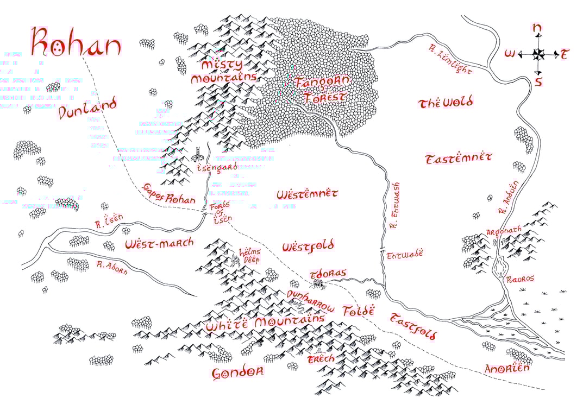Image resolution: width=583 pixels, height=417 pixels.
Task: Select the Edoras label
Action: click(327, 273)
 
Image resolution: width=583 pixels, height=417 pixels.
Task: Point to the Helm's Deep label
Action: click(250, 256)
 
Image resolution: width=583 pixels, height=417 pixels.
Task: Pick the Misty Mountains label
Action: click(223, 71)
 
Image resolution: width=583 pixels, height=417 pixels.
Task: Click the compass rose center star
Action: click(538, 54)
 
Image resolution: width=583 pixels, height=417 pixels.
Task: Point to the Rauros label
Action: click(520, 279)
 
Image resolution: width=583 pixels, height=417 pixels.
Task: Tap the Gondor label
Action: click(237, 373)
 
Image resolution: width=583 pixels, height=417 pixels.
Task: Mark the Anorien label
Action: click(506, 368)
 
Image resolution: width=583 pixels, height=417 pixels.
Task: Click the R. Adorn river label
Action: click(111, 267)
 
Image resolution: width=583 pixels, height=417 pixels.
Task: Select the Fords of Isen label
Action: click(221, 213)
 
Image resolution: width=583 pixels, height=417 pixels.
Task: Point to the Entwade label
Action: click(404, 253)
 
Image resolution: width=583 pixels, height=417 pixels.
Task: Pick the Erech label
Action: click(321, 359)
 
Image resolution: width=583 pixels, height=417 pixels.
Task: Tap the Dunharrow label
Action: click(311, 300)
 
